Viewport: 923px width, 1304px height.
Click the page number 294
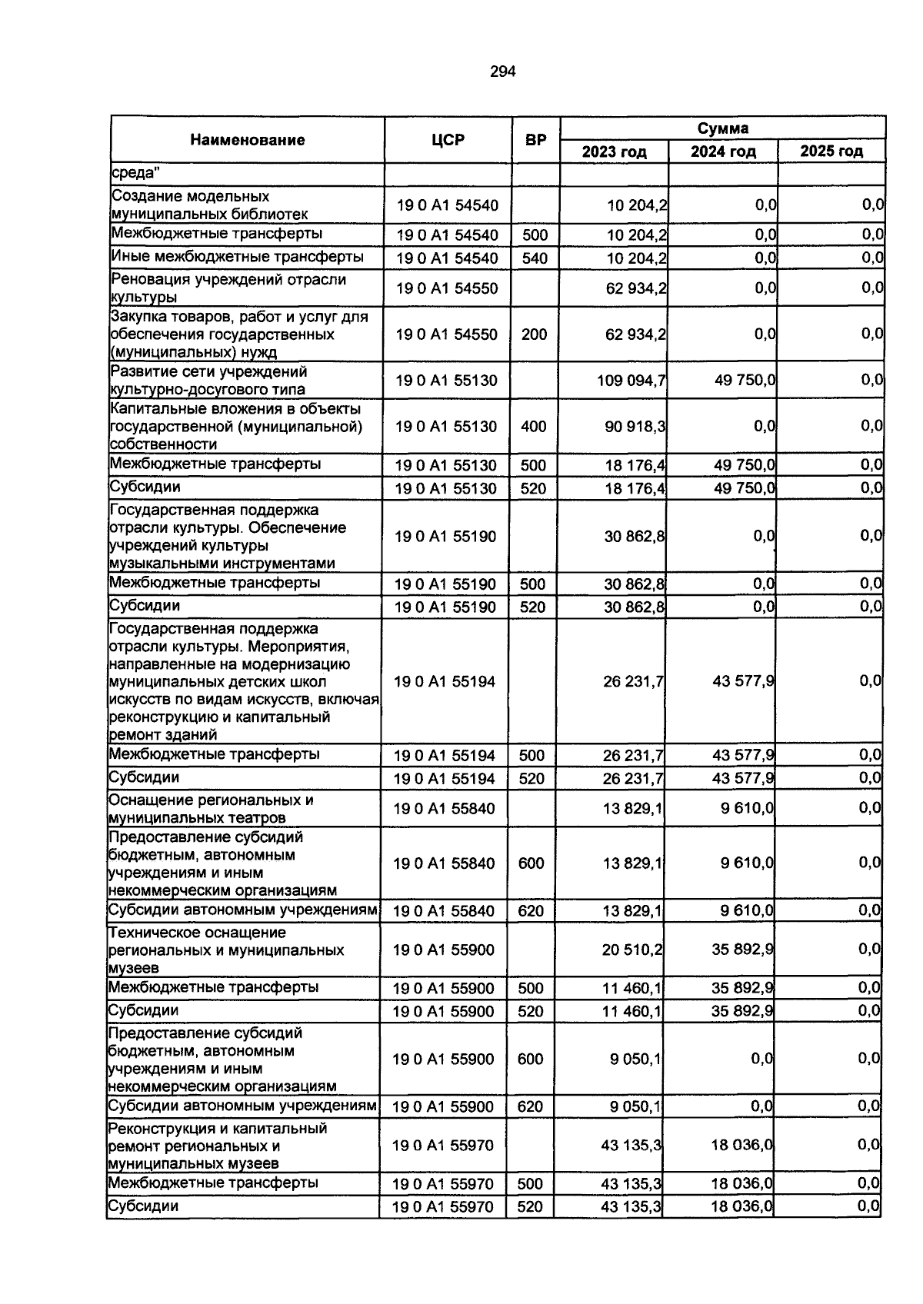pyautogui.click(x=502, y=72)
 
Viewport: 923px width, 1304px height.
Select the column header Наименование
pyautogui.click(x=248, y=140)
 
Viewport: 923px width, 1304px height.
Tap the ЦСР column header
pyautogui.click(x=448, y=140)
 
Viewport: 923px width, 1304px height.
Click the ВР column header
pyautogui.click(x=535, y=140)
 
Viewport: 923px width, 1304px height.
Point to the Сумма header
pyautogui.click(x=722, y=128)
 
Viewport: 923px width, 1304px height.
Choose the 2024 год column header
pyautogui.click(x=722, y=151)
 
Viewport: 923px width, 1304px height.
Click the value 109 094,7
pyautogui.click(x=631, y=381)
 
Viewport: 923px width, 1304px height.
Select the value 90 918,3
pyautogui.click(x=635, y=426)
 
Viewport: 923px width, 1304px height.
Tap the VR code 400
pyautogui.click(x=534, y=426)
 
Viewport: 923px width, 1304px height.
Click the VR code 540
pyautogui.click(x=535, y=258)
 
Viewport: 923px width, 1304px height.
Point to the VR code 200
pyautogui.click(x=535, y=334)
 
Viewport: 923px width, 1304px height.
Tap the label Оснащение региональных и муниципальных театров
pyautogui.click(x=211, y=808)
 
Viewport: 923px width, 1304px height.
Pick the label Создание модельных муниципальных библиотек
pyautogui.click(x=209, y=205)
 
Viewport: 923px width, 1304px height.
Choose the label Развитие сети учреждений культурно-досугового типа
pyautogui.click(x=208, y=381)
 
